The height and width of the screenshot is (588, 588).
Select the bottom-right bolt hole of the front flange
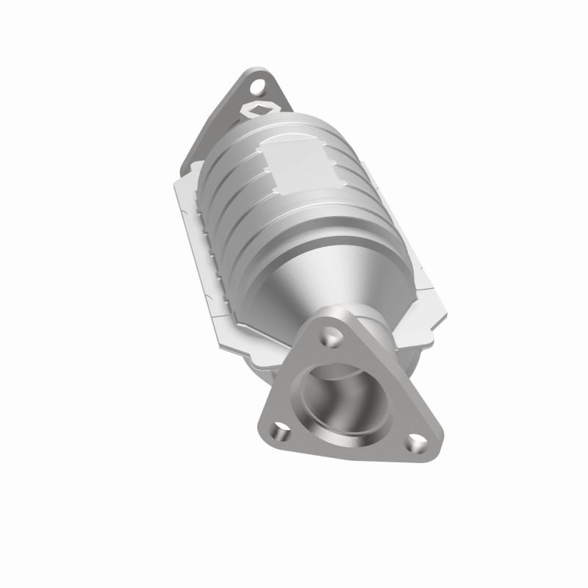click(415, 445)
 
